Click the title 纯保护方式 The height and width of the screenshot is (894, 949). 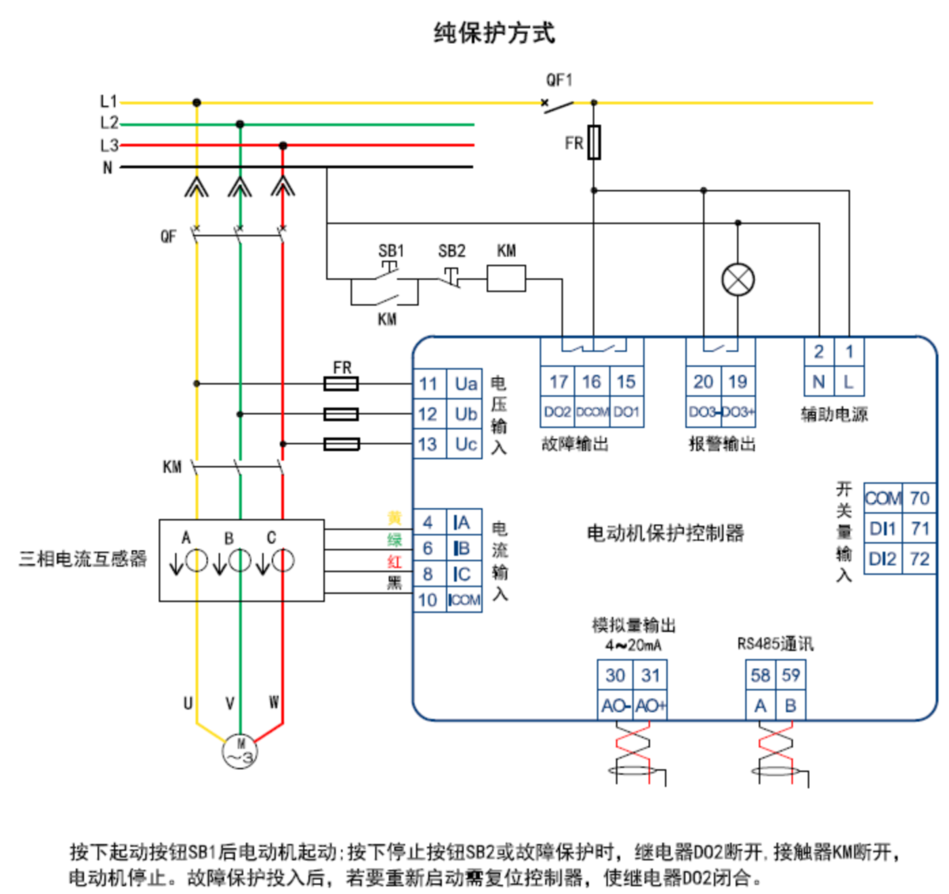493,33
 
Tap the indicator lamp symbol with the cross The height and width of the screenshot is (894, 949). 738,280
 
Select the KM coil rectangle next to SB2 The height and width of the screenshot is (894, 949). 506,278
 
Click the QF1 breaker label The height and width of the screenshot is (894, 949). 559,80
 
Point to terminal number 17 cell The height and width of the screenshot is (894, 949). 558,382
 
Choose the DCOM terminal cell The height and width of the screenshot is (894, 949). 592,412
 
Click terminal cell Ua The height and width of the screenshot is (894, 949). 465,384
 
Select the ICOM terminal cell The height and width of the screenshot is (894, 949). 464,600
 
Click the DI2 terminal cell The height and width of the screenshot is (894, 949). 883,558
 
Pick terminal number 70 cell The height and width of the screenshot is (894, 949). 919,498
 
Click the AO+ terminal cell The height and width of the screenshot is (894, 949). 650,705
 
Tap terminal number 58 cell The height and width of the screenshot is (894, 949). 761,675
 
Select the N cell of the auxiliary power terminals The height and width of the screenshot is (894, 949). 819,382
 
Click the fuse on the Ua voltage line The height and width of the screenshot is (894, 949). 341,384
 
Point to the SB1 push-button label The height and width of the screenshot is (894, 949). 391,251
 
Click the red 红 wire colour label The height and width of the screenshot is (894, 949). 395,562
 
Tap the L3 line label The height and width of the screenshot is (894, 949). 109,145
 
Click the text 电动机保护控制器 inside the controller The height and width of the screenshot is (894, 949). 665,533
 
